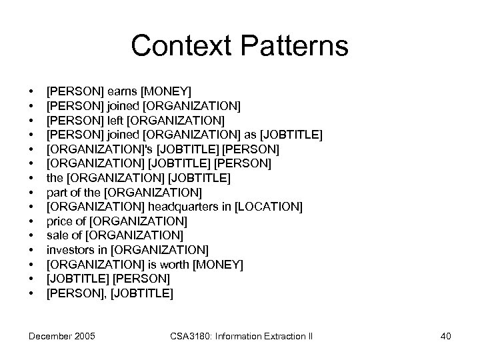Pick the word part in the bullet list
[x=57, y=192]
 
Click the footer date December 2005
[x=62, y=336]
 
